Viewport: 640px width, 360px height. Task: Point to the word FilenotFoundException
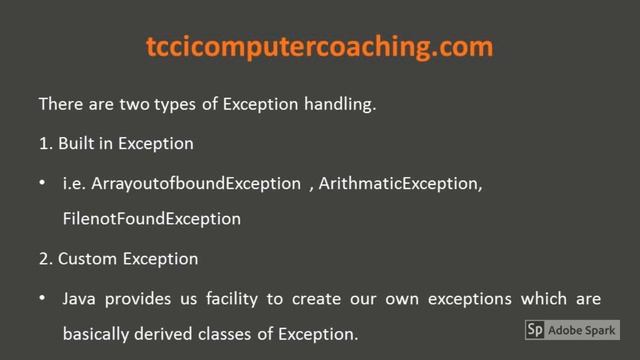click(151, 217)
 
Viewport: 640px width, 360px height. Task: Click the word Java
click(81, 299)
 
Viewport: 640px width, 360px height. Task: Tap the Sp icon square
click(535, 330)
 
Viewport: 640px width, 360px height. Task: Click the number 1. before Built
click(45, 143)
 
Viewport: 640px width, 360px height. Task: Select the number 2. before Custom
click(45, 258)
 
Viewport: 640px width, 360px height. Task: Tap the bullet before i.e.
click(42, 185)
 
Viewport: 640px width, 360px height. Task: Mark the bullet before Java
click(42, 300)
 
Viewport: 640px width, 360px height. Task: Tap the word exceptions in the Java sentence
click(472, 299)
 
